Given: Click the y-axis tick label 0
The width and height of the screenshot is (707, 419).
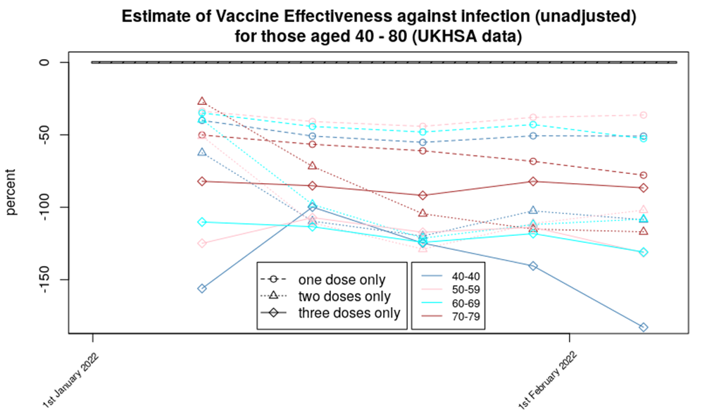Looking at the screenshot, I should click(x=44, y=63).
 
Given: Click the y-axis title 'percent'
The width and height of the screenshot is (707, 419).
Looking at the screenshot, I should click(x=11, y=196).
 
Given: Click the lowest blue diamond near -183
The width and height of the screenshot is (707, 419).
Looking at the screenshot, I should click(x=644, y=327).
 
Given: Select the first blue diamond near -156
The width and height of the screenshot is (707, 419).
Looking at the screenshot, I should click(x=202, y=289).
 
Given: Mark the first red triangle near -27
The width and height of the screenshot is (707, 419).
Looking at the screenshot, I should click(x=202, y=101).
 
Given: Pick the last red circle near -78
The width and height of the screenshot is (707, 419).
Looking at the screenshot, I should click(x=644, y=175).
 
